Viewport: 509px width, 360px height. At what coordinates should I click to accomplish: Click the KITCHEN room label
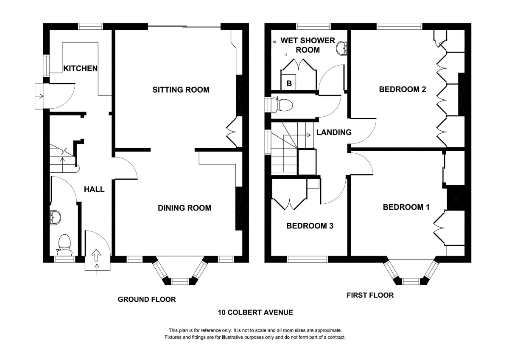(81, 68)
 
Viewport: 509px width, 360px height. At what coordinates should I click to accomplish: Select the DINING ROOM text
(185, 208)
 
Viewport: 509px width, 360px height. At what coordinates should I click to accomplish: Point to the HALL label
(94, 189)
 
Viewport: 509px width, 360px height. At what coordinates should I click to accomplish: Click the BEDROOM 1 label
(406, 207)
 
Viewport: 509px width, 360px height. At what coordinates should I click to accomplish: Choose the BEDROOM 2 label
(402, 90)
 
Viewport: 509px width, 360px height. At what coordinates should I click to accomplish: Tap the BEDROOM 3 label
(310, 226)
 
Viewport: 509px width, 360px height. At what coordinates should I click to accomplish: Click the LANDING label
(334, 132)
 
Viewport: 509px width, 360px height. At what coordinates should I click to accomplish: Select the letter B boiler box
(289, 83)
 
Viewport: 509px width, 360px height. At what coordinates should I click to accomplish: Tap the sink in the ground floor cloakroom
(55, 217)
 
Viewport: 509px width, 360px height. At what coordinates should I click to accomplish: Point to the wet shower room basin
(341, 49)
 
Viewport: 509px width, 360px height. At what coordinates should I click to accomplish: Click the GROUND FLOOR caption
(147, 299)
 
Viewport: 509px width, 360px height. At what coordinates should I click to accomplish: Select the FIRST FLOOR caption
(370, 295)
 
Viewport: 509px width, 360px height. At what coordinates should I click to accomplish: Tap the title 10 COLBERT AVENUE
(255, 313)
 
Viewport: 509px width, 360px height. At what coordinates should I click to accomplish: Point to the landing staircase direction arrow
(303, 135)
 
